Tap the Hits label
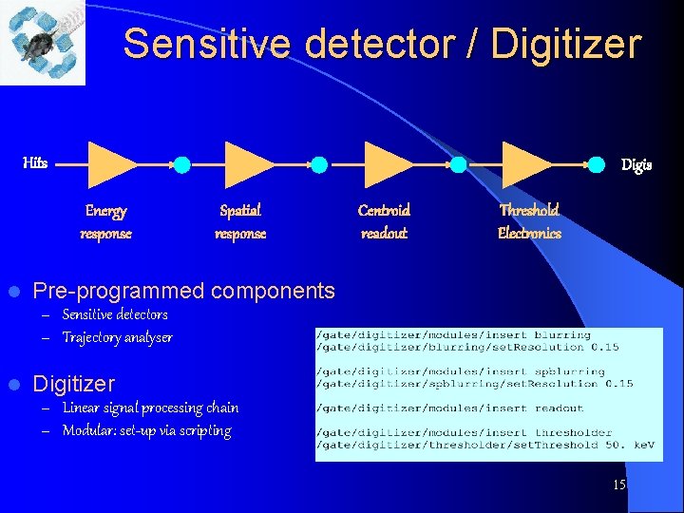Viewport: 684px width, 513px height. point(35,163)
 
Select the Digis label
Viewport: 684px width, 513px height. point(636,165)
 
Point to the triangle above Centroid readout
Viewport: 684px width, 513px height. point(389,163)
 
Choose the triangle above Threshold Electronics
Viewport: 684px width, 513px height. point(526,163)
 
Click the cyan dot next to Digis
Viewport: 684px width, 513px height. point(597,164)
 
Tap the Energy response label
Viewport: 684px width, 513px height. point(105,221)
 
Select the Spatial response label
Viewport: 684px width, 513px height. point(240,221)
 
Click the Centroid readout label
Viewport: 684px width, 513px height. point(384,221)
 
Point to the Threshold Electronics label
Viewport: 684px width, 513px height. point(529,221)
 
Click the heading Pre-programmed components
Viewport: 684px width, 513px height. point(183,291)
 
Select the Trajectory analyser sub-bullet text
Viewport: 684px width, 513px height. point(117,337)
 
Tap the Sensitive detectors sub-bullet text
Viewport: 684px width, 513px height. point(115,314)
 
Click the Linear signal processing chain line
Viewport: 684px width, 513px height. point(150,408)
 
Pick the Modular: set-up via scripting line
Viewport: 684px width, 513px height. point(146,430)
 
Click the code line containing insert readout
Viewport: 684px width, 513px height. point(451,408)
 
